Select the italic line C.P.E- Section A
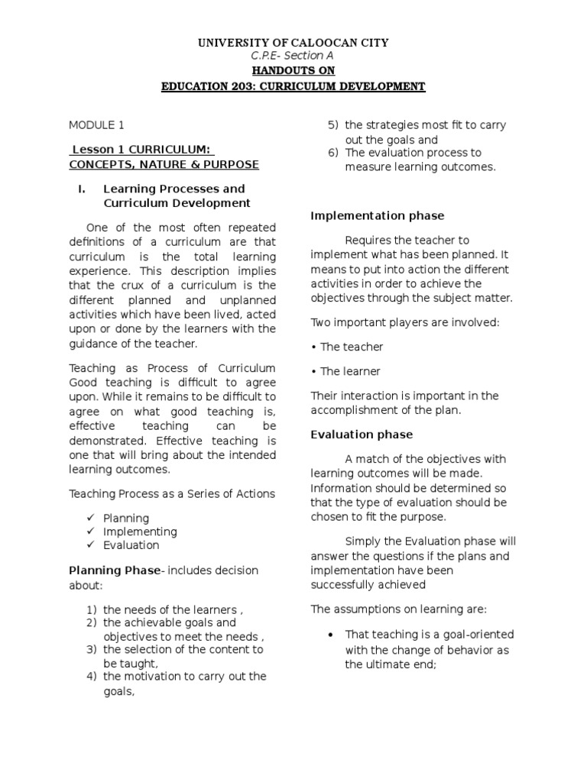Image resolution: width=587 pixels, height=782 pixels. click(293, 56)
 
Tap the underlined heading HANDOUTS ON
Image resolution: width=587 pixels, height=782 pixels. click(293, 70)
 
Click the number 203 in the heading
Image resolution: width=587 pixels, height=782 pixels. click(235, 86)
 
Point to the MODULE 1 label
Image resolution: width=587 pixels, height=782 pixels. click(96, 124)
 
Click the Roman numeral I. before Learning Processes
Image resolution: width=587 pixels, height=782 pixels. click(80, 189)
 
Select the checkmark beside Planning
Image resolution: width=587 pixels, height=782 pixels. click(89, 518)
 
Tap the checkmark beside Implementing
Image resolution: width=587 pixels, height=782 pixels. click(89, 532)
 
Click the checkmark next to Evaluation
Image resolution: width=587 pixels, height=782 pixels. click(89, 545)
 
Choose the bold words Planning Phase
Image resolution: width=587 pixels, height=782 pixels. click(115, 570)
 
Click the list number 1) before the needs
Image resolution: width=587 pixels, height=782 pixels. click(91, 609)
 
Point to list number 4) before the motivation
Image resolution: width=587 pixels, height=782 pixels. click(91, 676)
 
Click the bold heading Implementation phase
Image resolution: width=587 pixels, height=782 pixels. click(377, 216)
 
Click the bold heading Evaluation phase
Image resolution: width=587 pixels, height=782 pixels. click(362, 435)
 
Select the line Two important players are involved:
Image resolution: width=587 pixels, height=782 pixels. click(404, 322)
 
